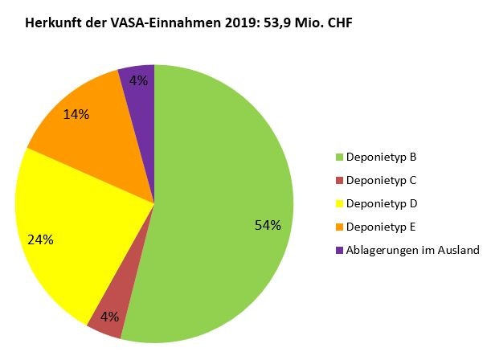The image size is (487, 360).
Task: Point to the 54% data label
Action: coord(267,225)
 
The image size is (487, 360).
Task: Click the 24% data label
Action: coord(40,239)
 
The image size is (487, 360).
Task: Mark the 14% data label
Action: coord(76,114)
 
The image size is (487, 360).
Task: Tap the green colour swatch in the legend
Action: coord(339,157)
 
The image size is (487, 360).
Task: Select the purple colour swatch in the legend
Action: coord(339,251)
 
